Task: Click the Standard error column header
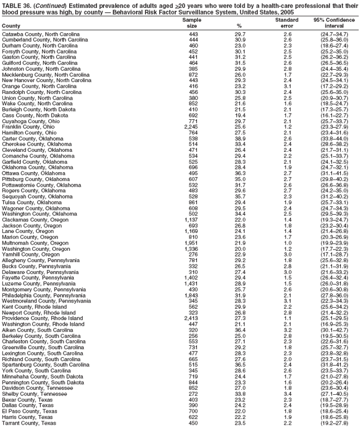287,23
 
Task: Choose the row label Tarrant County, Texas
29,422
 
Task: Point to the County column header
11,26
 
